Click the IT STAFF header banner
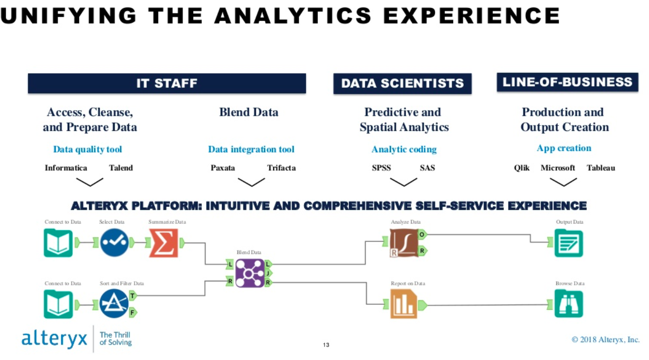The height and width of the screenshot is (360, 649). pos(167,83)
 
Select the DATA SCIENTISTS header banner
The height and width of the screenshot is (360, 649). pos(402,83)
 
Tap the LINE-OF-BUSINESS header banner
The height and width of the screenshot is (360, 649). pos(567,83)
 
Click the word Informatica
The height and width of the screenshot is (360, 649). pos(66,168)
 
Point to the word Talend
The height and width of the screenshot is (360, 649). pos(121,168)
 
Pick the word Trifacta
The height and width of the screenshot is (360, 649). pos(281,168)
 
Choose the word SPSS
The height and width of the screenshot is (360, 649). pos(381,168)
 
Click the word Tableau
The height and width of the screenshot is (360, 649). pos(601,168)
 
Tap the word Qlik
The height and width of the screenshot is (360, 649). pos(521,168)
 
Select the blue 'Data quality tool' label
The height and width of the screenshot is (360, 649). pos(88,149)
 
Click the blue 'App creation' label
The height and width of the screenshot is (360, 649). pos(564,148)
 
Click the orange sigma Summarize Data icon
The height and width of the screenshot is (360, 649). pos(164,243)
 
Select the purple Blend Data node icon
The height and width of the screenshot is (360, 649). pos(249,273)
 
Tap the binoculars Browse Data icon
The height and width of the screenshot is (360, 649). pos(569,304)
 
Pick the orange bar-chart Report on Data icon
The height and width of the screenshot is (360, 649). pos(404,304)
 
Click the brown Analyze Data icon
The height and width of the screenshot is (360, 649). pos(404,243)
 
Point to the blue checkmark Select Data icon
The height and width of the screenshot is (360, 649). pos(114,242)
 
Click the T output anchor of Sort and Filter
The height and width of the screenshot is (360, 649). pos(133,295)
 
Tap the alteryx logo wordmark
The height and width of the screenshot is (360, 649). pos(54,338)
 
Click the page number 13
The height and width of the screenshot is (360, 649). pos(326,345)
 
